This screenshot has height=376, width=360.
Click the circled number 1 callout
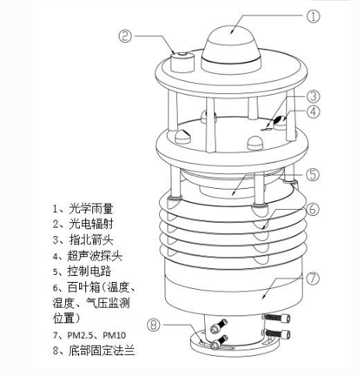click(313, 16)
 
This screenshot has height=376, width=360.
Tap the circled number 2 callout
click(125, 36)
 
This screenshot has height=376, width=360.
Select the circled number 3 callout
click(313, 96)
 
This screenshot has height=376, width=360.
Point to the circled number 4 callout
click(313, 112)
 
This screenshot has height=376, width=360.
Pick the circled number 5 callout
click(313, 174)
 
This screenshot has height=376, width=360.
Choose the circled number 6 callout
click(313, 209)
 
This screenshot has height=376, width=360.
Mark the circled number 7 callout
click(313, 278)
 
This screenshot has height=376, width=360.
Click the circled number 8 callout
click(154, 325)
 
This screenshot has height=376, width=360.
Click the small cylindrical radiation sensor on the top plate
click(182, 61)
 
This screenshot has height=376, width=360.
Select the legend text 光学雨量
click(91, 208)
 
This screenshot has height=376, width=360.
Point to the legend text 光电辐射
click(91, 224)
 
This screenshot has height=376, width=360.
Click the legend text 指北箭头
click(91, 240)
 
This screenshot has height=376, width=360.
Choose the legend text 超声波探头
click(95, 256)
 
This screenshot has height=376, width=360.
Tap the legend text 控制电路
click(89, 271)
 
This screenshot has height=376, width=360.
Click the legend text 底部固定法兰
click(102, 350)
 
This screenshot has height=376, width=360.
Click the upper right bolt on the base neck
click(277, 318)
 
